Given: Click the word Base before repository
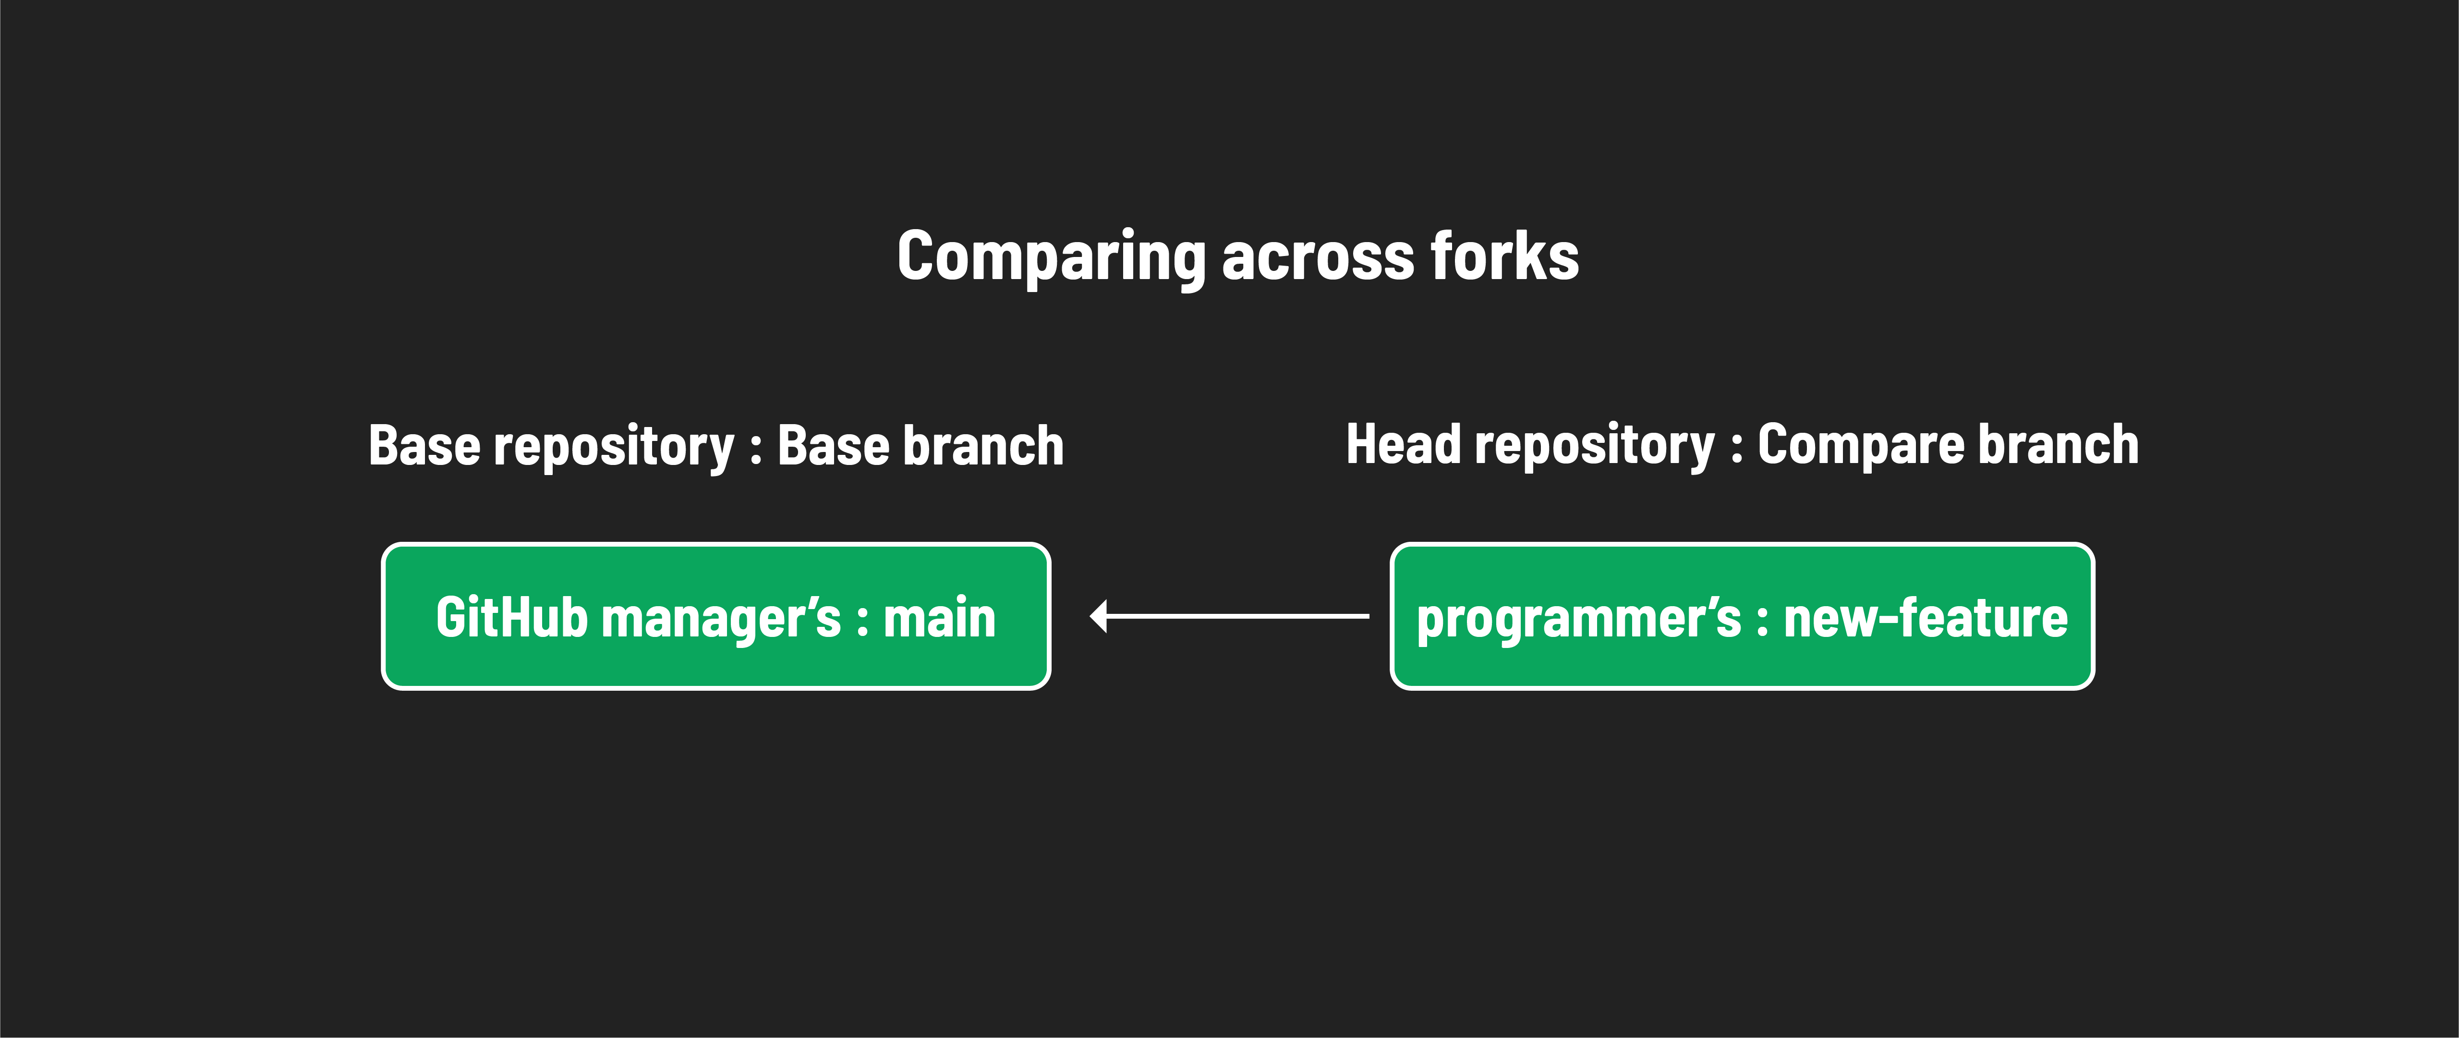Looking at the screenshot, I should coord(425,446).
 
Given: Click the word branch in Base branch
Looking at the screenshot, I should coord(983,446).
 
